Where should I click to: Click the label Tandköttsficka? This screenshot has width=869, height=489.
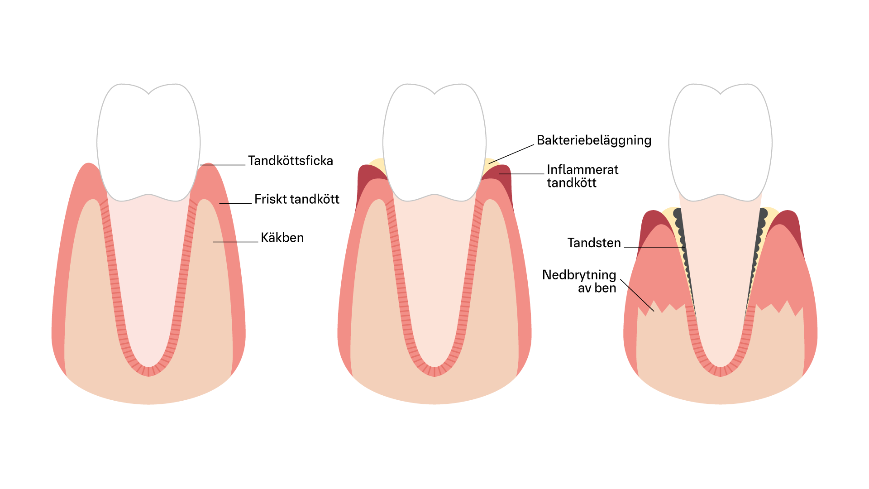290,161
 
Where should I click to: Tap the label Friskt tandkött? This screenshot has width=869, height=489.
296,199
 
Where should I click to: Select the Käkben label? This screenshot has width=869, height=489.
282,238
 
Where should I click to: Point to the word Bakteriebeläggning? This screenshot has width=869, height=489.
594,141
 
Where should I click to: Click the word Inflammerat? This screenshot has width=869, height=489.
583,170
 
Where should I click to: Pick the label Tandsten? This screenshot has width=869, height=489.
594,243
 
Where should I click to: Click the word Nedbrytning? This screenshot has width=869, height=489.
579,275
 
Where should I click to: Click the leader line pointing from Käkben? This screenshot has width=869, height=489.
235,242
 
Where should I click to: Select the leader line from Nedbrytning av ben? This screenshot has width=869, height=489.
637,295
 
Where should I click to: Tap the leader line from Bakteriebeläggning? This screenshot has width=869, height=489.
511,154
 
